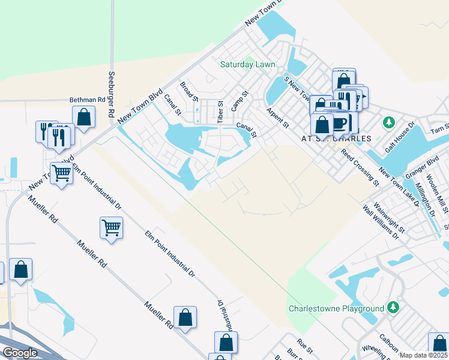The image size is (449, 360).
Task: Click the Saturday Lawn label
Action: click(247, 64)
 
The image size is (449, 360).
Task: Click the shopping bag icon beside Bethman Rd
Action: click(84, 117)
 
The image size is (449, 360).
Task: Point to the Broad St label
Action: click(189, 92)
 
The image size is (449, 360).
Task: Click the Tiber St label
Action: click(220, 112)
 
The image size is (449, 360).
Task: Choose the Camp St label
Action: click(240, 100)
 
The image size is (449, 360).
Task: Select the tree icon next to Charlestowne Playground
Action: click(393, 307)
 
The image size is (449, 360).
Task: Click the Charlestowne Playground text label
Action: click(336, 308)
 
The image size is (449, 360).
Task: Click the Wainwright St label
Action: click(388, 217)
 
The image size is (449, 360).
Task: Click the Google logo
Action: click(19, 353)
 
